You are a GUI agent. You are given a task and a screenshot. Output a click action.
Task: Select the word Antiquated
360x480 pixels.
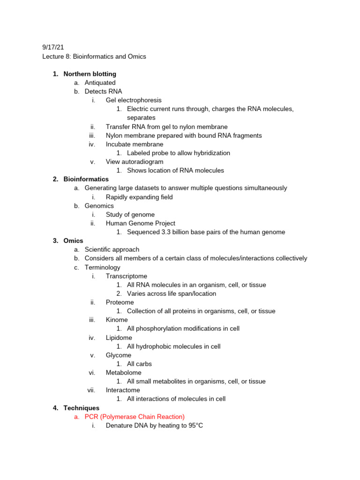click(x=100, y=83)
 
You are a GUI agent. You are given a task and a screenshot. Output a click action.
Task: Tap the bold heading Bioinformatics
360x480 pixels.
click(x=86, y=179)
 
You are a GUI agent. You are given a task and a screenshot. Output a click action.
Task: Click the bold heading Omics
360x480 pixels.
click(x=73, y=241)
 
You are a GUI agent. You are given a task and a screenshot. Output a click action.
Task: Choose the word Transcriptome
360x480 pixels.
click(x=126, y=276)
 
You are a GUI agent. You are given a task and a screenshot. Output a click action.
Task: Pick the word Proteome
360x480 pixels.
click(x=120, y=302)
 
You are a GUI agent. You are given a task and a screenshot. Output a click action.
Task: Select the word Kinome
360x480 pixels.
click(x=117, y=320)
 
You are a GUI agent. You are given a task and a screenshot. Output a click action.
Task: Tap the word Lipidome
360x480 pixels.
click(x=119, y=337)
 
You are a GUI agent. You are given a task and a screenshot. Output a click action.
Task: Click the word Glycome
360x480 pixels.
click(x=119, y=355)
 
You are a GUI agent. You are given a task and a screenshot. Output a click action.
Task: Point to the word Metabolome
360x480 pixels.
click(x=123, y=373)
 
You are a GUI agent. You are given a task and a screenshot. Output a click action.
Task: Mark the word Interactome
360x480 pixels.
click(x=123, y=390)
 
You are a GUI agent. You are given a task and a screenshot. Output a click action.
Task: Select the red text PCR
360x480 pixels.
click(x=91, y=417)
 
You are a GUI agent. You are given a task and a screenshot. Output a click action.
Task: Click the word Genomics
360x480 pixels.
click(x=99, y=206)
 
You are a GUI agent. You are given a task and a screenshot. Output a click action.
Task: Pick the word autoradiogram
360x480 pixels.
click(x=142, y=162)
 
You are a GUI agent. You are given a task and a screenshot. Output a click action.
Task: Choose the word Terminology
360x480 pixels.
click(x=102, y=267)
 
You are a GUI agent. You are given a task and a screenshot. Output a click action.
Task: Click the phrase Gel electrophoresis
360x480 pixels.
click(x=134, y=100)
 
